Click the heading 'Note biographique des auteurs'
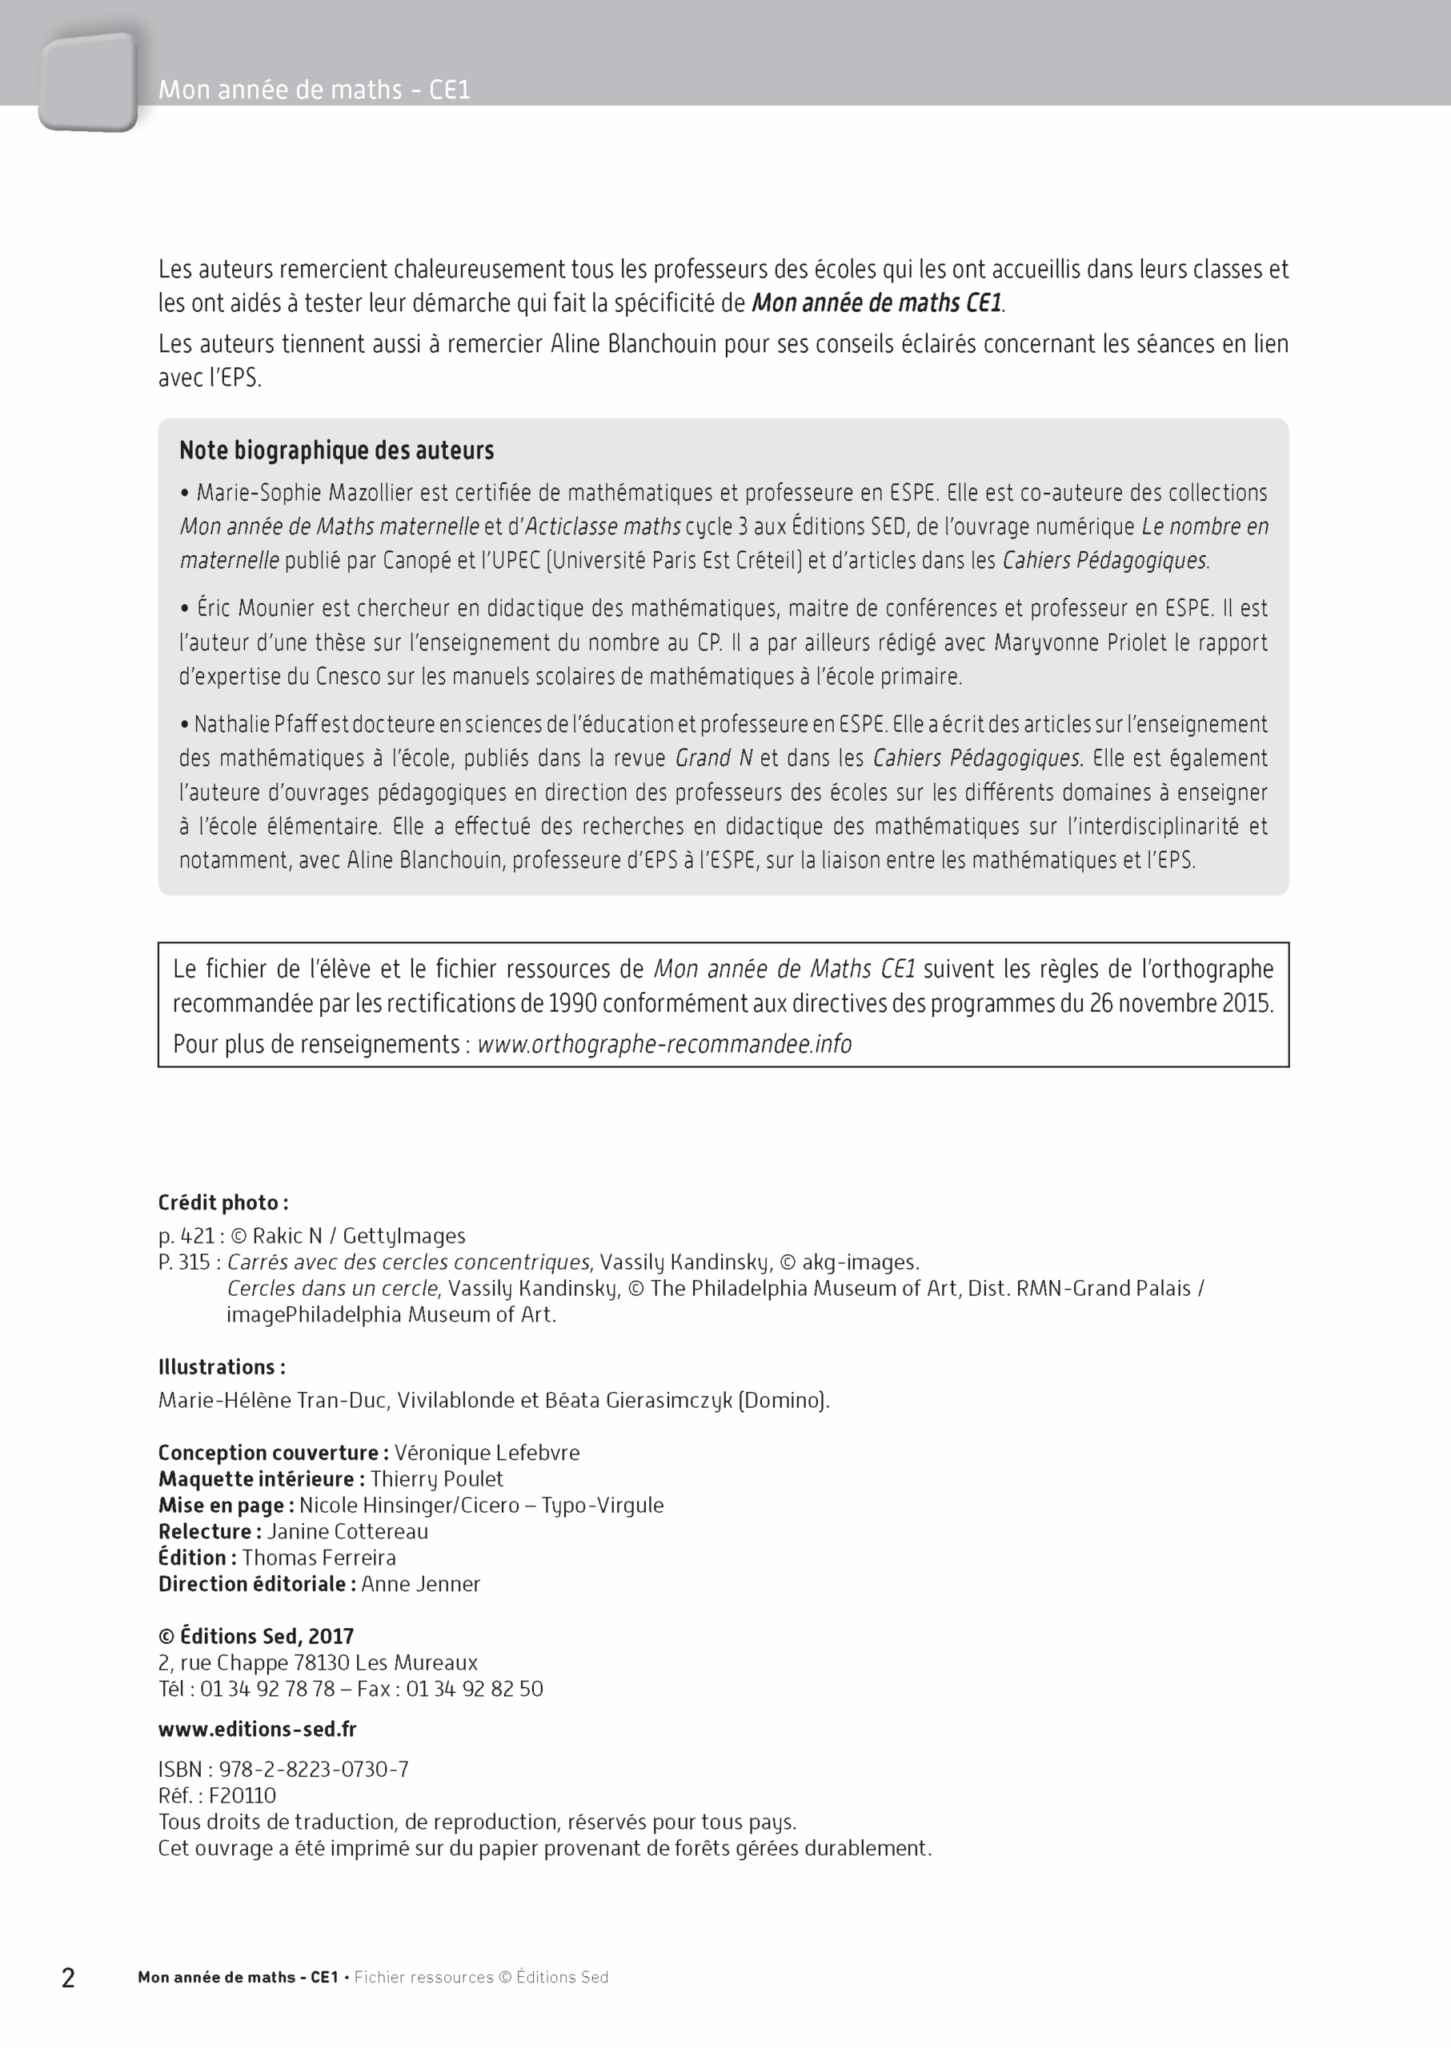(336, 450)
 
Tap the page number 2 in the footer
(68, 1978)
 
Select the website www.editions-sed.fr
(258, 1729)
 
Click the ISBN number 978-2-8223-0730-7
(314, 1770)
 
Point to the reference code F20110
(243, 1795)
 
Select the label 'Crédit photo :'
(223, 1202)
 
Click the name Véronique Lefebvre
(487, 1452)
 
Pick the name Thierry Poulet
(437, 1478)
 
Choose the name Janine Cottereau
(347, 1531)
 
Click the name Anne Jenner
(421, 1583)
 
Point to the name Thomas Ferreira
(319, 1558)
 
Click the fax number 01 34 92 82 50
(475, 1689)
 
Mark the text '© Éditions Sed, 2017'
(256, 1636)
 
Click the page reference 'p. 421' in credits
(186, 1236)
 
